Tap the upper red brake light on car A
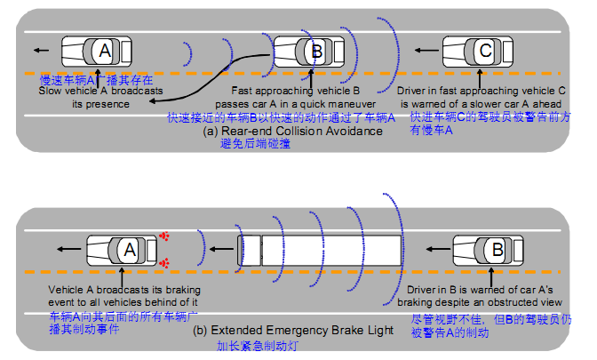click(x=164, y=236)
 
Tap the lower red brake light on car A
click(x=164, y=263)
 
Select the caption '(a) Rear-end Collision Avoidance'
click(x=292, y=131)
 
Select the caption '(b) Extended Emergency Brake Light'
click(x=292, y=331)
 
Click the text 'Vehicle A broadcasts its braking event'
click(x=123, y=296)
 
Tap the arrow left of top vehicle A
click(x=38, y=50)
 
